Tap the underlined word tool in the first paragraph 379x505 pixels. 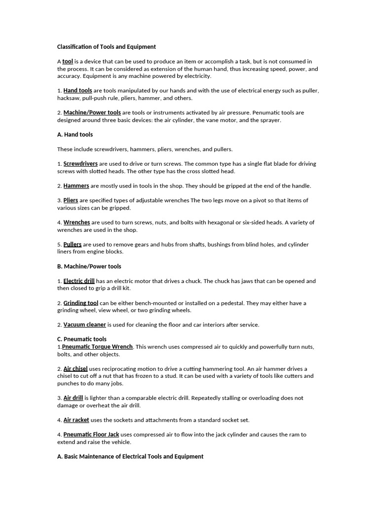[68, 62]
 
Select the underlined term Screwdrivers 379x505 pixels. [80, 164]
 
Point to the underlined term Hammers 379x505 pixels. [76, 186]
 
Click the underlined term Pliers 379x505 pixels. [71, 201]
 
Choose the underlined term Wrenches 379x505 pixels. [76, 222]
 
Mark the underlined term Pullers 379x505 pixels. [73, 245]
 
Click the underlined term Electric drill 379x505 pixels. [79, 281]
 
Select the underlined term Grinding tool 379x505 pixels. [81, 303]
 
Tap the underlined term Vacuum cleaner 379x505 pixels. [84, 325]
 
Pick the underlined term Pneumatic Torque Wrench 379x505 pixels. [97, 347]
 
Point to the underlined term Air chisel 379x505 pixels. [76, 369]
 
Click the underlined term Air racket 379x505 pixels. [76, 420]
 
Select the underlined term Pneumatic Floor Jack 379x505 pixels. [91, 435]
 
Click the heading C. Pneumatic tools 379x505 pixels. [82, 339]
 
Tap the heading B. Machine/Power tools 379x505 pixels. [89, 266]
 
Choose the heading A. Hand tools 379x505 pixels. [75, 135]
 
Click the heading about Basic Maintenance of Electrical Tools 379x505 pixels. [130, 457]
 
